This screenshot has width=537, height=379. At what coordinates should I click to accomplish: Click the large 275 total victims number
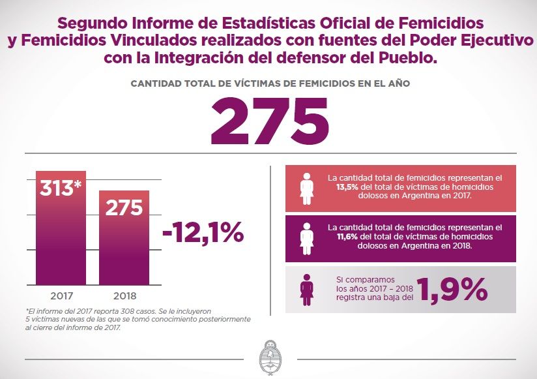(x=270, y=120)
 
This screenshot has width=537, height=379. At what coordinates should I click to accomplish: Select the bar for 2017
(x=61, y=228)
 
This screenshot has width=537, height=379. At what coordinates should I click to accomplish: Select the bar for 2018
(x=124, y=238)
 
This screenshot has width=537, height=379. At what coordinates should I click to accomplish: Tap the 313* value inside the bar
(x=61, y=188)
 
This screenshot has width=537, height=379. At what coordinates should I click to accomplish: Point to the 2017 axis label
(x=62, y=296)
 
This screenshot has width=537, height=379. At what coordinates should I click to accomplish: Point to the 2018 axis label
(x=124, y=296)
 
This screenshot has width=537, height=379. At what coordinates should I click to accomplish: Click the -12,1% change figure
(x=203, y=233)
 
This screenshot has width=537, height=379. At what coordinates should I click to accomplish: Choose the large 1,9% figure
(x=452, y=290)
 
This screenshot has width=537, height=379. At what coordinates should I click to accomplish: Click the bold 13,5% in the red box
(x=347, y=187)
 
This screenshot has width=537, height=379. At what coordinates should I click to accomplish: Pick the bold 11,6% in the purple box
(x=347, y=237)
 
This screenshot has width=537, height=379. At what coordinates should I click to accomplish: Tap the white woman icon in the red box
(x=306, y=189)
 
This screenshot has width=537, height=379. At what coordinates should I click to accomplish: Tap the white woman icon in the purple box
(x=306, y=239)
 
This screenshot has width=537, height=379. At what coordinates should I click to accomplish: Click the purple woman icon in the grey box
(x=306, y=290)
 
